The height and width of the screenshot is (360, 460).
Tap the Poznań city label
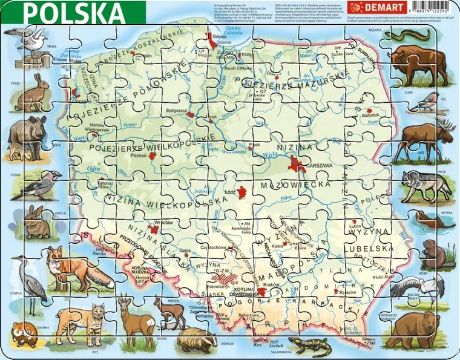[138, 155]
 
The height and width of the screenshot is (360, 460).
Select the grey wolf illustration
[427, 183]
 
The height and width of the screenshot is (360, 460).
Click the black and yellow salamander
[309, 347]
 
